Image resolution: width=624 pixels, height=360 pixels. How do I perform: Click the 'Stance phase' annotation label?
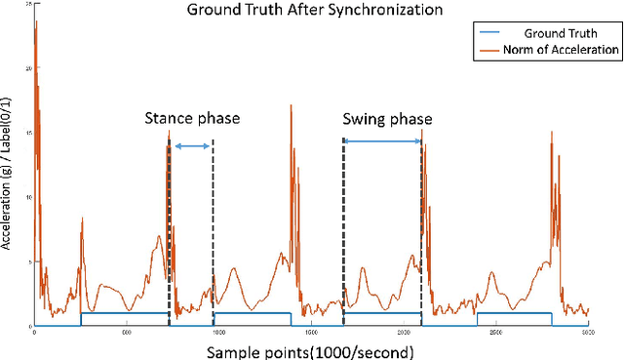(192, 119)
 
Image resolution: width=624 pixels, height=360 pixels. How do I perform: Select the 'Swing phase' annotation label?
(387, 119)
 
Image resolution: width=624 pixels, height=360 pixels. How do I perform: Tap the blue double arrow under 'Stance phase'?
(192, 146)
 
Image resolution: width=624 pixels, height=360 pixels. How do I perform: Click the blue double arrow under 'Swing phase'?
(383, 142)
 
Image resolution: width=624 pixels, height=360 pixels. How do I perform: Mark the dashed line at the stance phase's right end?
(214, 234)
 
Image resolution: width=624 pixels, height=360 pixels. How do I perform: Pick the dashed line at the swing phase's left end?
(343, 234)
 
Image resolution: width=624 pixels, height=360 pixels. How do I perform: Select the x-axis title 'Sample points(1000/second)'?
(310, 349)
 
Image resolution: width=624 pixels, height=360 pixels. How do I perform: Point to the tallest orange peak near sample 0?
(36, 21)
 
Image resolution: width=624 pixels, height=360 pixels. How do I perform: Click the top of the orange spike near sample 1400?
(291, 105)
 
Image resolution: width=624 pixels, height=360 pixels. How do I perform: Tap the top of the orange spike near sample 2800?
(552, 132)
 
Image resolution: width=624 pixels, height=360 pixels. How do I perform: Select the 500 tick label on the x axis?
(127, 334)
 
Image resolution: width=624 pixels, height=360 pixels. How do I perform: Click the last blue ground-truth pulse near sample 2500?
(514, 313)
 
